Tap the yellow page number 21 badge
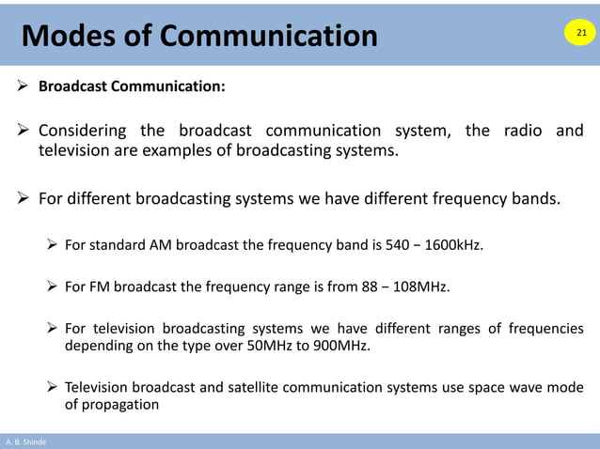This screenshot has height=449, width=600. [x=580, y=34]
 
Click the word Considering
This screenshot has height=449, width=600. [x=82, y=131]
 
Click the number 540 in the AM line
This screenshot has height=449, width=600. [x=397, y=246]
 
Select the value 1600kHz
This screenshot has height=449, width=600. [x=455, y=246]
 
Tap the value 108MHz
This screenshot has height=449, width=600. [x=418, y=287]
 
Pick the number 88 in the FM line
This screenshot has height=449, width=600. [x=370, y=287]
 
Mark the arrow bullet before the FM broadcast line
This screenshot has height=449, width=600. [x=54, y=287]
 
